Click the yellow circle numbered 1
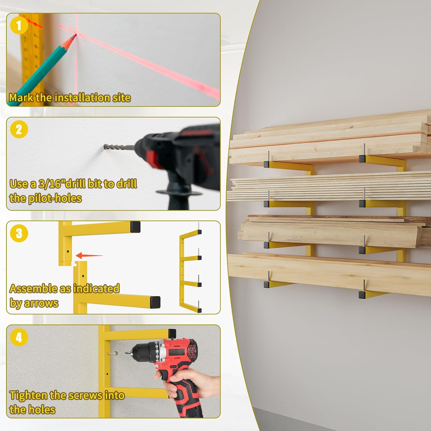[x=19, y=25]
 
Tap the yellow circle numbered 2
[x=19, y=129]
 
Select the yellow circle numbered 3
[x=19, y=233]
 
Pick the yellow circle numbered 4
[x=19, y=337]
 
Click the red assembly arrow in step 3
[x=89, y=255]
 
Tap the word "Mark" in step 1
[x=21, y=98]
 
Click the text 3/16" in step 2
[x=52, y=184]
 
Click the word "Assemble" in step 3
[x=33, y=288]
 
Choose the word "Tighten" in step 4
[x=28, y=396]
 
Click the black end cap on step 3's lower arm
[x=155, y=302]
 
